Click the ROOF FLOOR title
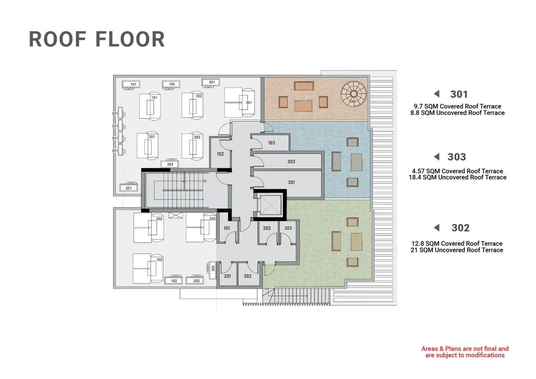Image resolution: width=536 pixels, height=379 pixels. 97,39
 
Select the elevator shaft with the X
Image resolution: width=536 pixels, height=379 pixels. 270,204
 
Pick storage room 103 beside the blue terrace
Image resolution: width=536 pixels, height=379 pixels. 271,143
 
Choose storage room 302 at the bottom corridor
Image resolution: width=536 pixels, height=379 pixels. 247,276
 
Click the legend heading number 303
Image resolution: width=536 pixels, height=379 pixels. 456,157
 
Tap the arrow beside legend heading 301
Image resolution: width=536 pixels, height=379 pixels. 436,94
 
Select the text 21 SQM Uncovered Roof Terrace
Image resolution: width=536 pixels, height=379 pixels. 457,250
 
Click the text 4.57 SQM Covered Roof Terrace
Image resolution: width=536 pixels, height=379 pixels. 457,171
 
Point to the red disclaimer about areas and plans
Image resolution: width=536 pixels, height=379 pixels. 465,352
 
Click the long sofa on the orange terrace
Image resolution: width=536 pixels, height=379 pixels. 304,86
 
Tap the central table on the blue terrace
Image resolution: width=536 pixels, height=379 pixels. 356,162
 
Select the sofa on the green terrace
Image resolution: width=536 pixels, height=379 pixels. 336,241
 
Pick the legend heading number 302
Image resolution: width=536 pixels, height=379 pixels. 460,228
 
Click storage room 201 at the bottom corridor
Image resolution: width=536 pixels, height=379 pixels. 227,276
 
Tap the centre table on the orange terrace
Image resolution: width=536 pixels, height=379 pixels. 303,106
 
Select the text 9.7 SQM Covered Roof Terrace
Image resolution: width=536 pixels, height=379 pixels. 457,106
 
